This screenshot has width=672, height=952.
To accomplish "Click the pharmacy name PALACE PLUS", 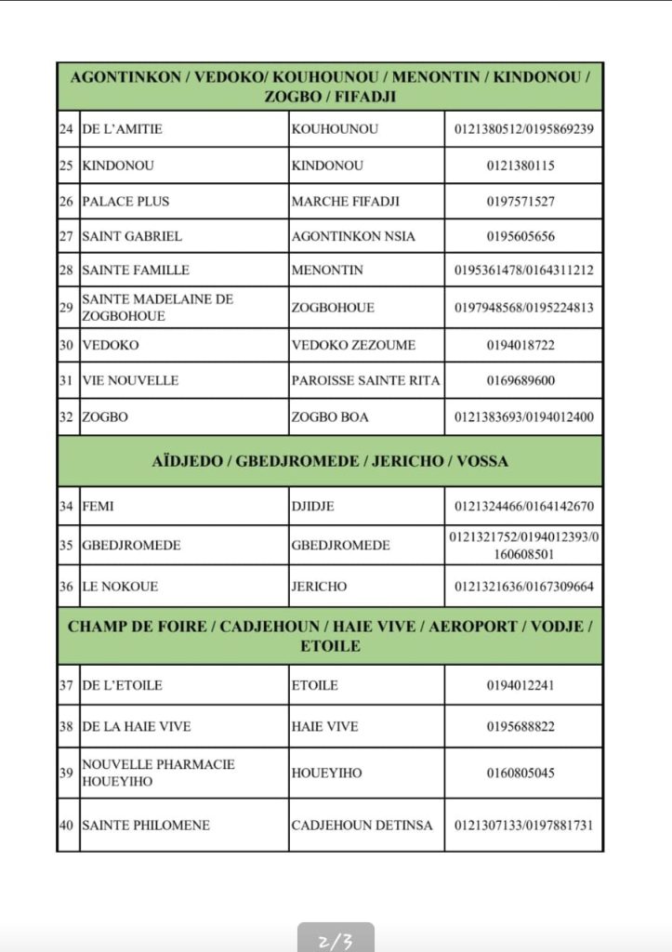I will point(125,201).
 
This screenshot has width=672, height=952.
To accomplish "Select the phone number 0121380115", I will point(520,165).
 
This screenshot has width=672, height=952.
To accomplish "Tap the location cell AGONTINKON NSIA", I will point(353,236).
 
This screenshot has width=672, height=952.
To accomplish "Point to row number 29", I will point(66,307).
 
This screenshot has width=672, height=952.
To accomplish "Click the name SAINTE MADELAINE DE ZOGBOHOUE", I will point(157,307).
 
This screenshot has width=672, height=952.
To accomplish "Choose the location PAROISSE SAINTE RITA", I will point(365,380).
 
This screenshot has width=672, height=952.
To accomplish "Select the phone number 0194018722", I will point(520,345).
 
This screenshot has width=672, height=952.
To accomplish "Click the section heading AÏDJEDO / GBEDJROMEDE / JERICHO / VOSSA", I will point(330,461).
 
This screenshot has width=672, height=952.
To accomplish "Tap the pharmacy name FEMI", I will point(98,507).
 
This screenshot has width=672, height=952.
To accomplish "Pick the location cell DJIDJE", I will point(312,507).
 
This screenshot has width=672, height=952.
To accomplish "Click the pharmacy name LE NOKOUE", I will point(120,587).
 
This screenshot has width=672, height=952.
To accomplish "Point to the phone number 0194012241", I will point(520,685).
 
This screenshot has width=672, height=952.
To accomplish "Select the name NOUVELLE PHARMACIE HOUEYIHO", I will point(158,773).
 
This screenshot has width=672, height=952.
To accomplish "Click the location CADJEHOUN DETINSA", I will point(362,825).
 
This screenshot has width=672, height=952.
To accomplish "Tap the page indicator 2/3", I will point(336,941).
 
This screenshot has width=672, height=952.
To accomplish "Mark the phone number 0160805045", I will point(520,773).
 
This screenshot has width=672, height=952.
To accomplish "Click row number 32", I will point(66,416).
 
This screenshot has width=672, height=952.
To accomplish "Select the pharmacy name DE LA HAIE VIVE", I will point(137,726).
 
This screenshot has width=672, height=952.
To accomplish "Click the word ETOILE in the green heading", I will point(330,645).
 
